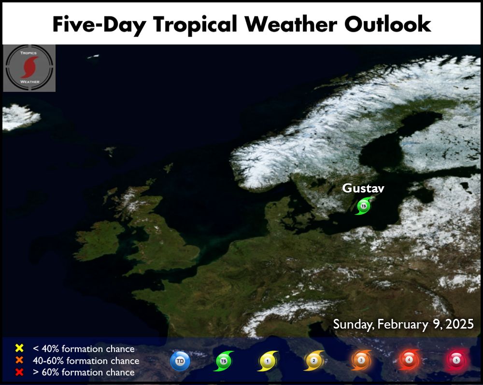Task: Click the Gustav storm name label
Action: tap(363, 188)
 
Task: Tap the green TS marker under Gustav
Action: tap(364, 206)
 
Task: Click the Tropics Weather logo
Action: tap(29, 68)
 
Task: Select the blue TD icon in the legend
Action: tap(180, 361)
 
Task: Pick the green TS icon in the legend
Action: tap(224, 361)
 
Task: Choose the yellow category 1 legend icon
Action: tap(268, 361)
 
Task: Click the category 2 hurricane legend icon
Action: tap(314, 360)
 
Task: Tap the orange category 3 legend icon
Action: tap(361, 360)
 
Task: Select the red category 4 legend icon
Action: tap(409, 359)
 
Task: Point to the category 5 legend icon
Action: tap(456, 360)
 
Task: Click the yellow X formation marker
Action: tap(19, 348)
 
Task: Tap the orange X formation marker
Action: tap(19, 360)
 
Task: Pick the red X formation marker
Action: tap(19, 372)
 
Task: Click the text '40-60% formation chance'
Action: tap(86, 360)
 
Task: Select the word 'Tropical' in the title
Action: tap(195, 25)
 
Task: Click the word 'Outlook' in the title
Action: tap(387, 24)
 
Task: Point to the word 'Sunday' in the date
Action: tap(354, 324)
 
